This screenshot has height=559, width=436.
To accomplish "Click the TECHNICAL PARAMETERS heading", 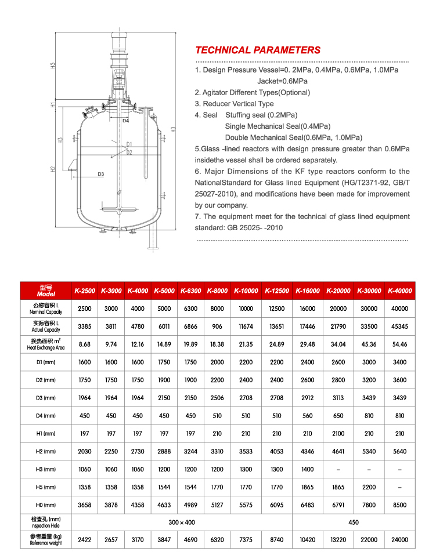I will [258, 50].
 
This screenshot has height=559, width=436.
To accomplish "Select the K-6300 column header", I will [190, 291].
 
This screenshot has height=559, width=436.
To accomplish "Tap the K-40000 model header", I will [400, 291].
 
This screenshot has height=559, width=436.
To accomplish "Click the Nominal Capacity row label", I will [46, 308].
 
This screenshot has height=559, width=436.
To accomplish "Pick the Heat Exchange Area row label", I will [46, 344].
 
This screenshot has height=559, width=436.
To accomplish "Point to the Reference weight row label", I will [46, 540].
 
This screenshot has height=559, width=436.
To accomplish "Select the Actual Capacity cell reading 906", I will [217, 326].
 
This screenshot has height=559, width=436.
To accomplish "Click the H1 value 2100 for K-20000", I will [338, 433].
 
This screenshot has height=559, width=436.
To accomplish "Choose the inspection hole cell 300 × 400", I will [182, 522].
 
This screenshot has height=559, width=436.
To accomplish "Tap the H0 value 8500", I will [400, 505].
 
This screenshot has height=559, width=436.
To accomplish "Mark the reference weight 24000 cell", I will [400, 540].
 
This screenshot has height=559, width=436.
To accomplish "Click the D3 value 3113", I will [338, 398].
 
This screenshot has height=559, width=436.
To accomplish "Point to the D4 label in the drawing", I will [125, 121].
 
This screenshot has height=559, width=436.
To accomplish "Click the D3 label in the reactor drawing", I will [100, 174].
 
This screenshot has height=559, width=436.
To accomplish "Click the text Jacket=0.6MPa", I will [282, 81].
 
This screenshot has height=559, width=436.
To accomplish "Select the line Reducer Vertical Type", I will [234, 104].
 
